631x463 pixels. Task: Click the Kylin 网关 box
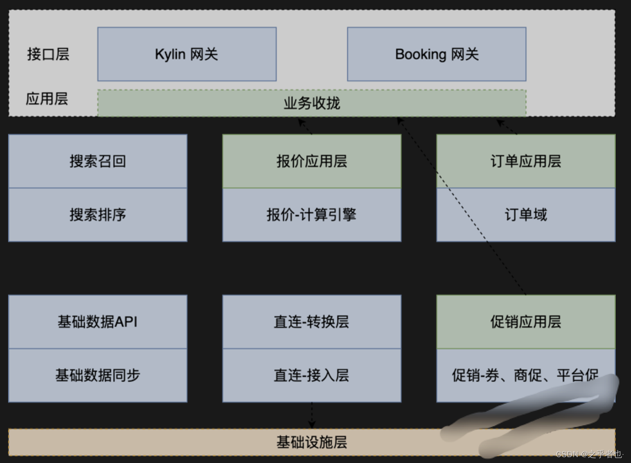tap(187, 54)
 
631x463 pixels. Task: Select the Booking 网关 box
tap(436, 54)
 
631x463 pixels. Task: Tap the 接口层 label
tap(48, 54)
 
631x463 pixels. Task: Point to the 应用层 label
tap(47, 98)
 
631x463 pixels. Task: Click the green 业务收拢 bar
tap(311, 103)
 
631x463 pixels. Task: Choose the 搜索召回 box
tap(97, 161)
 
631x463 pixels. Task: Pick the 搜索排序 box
tap(97, 214)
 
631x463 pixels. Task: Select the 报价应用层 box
tap(311, 161)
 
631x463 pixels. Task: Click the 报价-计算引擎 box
tap(311, 214)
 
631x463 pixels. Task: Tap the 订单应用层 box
tap(526, 161)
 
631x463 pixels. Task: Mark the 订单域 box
tap(526, 214)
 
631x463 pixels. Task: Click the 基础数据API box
tap(97, 322)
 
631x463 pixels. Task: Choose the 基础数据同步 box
tap(97, 375)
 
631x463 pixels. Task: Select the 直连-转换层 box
tap(311, 322)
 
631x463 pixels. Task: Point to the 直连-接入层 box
tap(311, 375)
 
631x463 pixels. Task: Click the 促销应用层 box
tap(526, 322)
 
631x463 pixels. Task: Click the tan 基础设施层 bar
tap(311, 442)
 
